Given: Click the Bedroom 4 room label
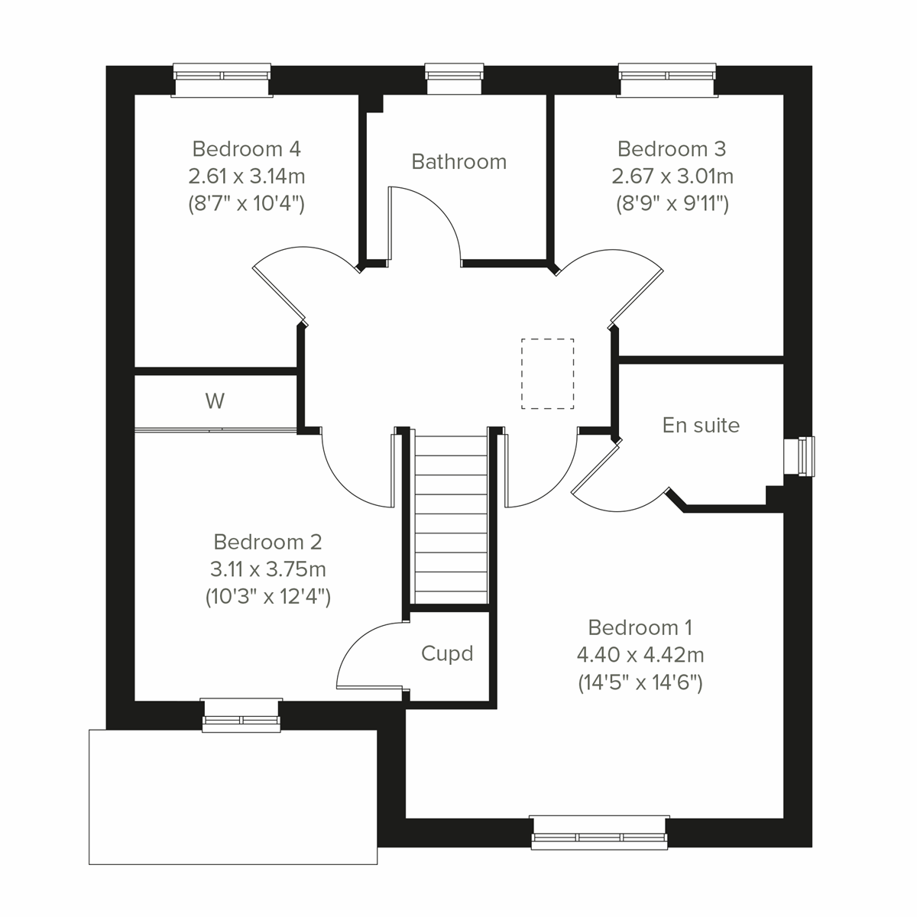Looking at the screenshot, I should (x=246, y=148).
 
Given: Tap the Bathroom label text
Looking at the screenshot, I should (x=458, y=162).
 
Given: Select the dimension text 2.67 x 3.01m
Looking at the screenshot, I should (x=672, y=177).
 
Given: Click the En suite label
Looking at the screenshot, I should (x=701, y=425).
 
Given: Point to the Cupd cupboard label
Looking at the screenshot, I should (x=447, y=653).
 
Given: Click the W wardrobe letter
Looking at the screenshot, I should (x=215, y=401).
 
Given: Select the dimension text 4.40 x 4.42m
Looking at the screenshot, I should (x=640, y=655).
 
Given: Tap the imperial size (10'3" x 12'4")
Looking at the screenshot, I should (x=268, y=597).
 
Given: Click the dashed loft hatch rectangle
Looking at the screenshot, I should (x=547, y=374).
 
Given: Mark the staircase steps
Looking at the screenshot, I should (x=451, y=520).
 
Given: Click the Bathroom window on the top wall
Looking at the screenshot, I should (x=455, y=79).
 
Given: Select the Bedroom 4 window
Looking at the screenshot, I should (x=222, y=79).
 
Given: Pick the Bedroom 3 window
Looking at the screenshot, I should (x=668, y=79).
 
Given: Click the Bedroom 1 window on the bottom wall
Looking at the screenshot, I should (x=600, y=832).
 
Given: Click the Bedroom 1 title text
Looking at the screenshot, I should (x=640, y=627).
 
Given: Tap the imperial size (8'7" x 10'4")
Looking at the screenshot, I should (x=246, y=204).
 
